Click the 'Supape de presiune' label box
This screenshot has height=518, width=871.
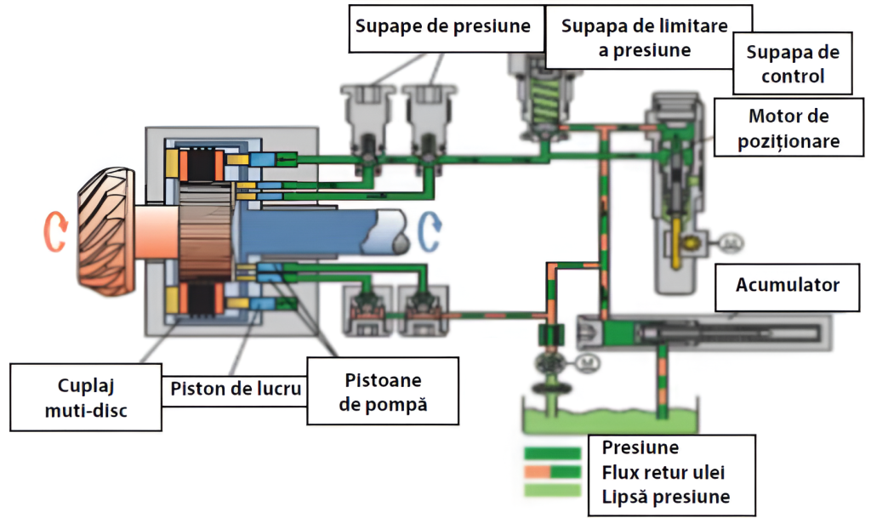pyautogui.click(x=442, y=26)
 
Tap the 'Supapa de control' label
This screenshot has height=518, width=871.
pyautogui.click(x=793, y=64)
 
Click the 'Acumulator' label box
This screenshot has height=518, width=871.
pyautogui.click(x=788, y=284)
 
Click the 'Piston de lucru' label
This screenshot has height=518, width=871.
pyautogui.click(x=235, y=390)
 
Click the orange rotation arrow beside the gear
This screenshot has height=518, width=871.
pyautogui.click(x=54, y=231)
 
